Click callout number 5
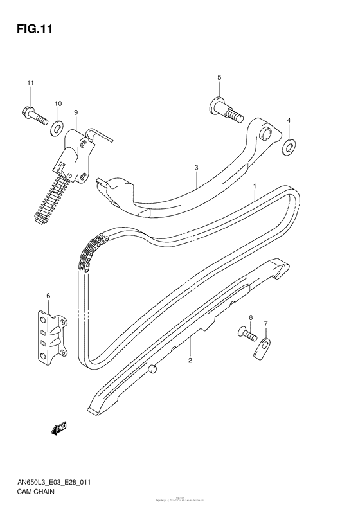(x=219, y=78)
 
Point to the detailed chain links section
(x=91, y=252)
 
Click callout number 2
(x=190, y=360)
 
